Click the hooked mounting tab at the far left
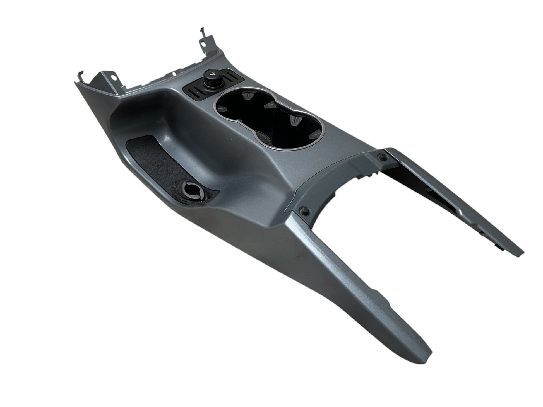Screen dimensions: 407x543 click(x=79, y=78)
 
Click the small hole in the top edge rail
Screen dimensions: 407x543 click(x=174, y=75)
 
